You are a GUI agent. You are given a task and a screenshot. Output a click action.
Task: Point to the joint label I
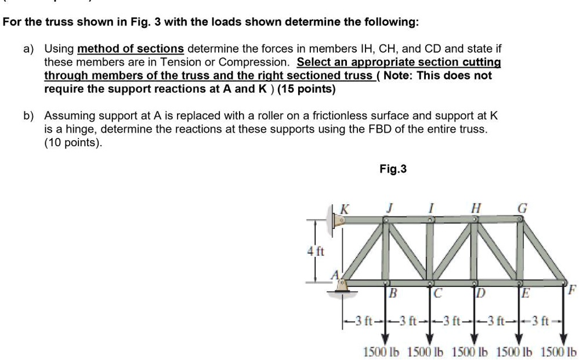(x=431, y=208)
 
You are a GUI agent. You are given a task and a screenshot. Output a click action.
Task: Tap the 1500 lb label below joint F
(x=558, y=352)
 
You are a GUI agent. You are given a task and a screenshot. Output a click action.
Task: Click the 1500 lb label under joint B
(x=382, y=352)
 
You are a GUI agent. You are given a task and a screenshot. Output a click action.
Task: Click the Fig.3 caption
(x=393, y=169)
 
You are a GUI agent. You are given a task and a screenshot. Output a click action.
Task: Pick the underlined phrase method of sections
(x=130, y=48)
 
